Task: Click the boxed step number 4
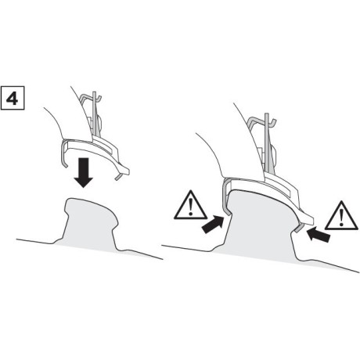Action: pos(13,98)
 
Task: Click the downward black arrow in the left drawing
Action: pos(84,172)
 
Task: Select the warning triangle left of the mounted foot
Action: pos(191,205)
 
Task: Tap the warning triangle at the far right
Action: pos(341,216)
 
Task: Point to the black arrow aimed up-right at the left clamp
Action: pos(213,225)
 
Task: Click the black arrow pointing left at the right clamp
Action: pos(319,234)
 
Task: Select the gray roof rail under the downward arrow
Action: pos(90,225)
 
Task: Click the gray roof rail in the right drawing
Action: pos(260,227)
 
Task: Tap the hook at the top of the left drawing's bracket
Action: pos(90,98)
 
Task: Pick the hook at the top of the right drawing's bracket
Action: pos(261,121)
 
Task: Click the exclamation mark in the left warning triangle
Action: pos(191,207)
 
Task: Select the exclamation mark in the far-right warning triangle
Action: pos(341,218)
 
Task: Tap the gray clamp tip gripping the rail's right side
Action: pos(299,228)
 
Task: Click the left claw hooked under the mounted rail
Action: pos(225,197)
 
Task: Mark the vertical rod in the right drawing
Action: pos(267,142)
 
